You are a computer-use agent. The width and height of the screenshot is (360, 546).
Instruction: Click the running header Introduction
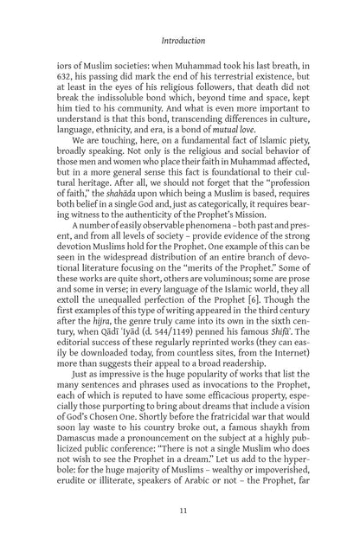pyautogui.click(x=180, y=39)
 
